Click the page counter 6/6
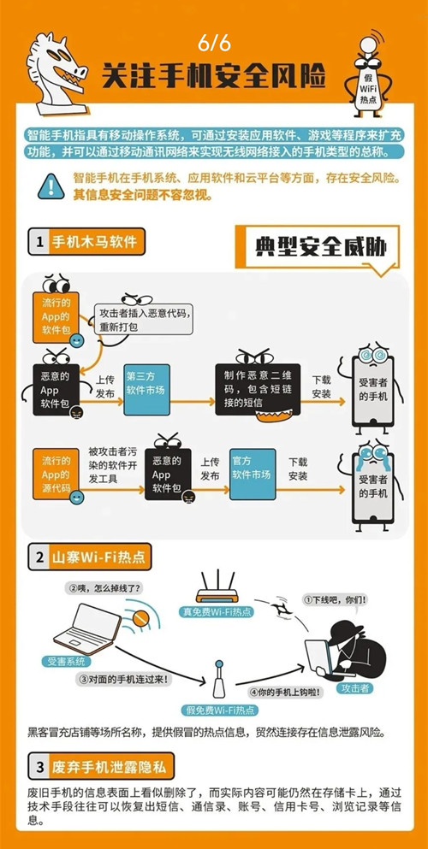(214, 43)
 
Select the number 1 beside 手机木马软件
(39, 242)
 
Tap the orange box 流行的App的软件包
(56, 317)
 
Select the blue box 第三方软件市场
(146, 391)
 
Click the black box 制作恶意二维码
(258, 390)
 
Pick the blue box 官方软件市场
(252, 474)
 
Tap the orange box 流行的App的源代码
(56, 474)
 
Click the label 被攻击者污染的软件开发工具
(113, 464)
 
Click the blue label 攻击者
(355, 689)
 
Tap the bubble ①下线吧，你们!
(336, 600)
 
